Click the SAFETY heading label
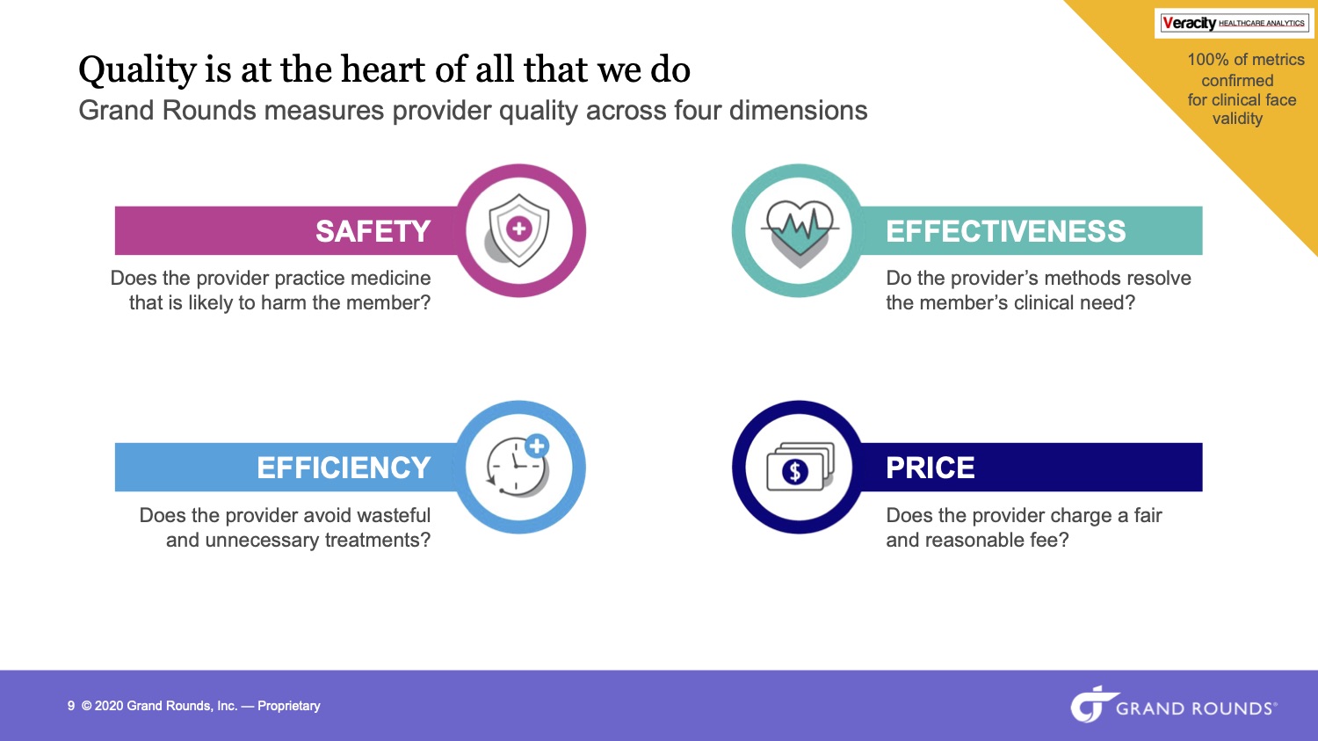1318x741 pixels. (x=373, y=230)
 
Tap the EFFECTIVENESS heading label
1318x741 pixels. (x=1005, y=230)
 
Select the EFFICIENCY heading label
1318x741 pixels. (x=344, y=468)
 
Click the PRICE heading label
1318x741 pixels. (x=931, y=468)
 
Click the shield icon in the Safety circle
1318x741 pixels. (x=517, y=230)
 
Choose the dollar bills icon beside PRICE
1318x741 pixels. (x=800, y=467)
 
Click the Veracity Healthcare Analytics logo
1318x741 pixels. (x=1233, y=23)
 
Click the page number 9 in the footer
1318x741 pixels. (x=71, y=706)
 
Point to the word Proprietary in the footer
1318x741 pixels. (x=289, y=706)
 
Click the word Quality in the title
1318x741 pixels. (x=137, y=70)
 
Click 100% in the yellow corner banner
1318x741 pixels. (x=1207, y=60)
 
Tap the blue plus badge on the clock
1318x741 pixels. (x=537, y=446)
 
